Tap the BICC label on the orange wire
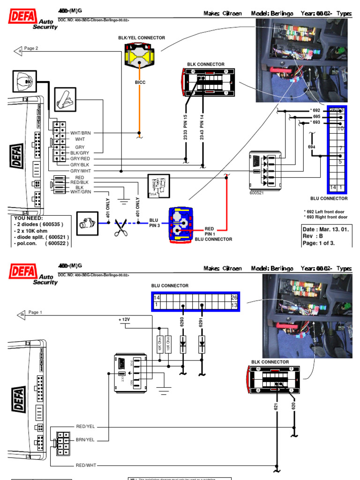[140, 82]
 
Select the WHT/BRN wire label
[80, 133]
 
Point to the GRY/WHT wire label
[80, 172]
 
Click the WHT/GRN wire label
[80, 191]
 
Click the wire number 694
[312, 147]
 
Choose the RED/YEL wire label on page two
[85, 427]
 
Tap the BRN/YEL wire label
[85, 440]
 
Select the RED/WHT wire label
[85, 465]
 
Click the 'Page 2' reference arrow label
[31, 48]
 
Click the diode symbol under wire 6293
[183, 344]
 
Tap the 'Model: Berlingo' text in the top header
[272, 14]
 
